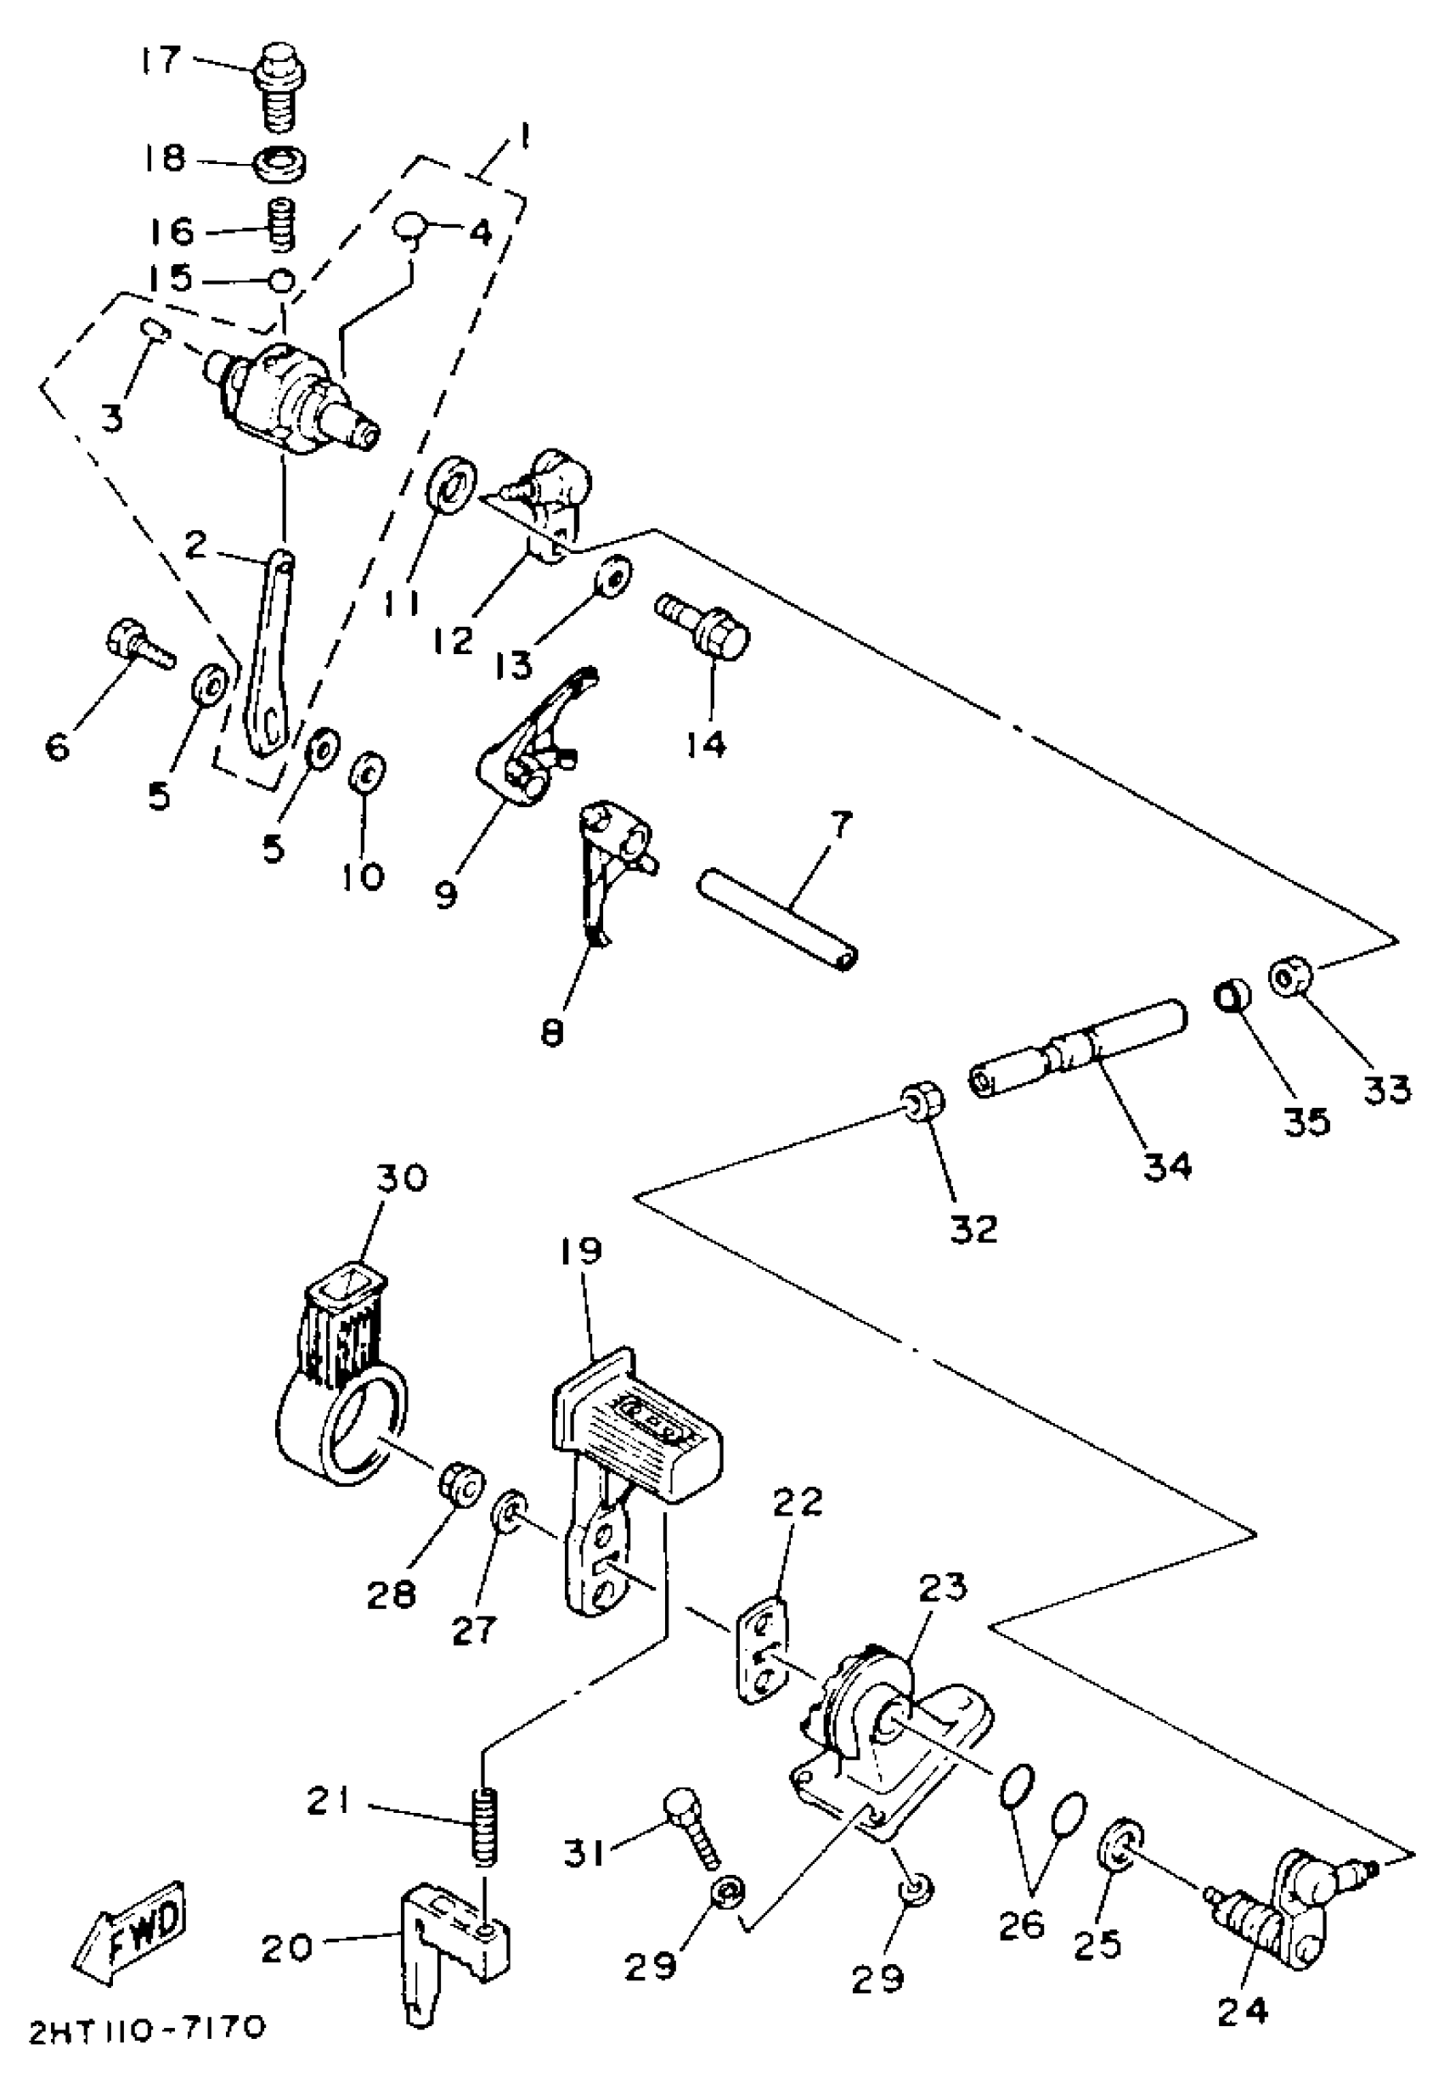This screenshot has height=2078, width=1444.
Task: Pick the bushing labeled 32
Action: (x=922, y=1101)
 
